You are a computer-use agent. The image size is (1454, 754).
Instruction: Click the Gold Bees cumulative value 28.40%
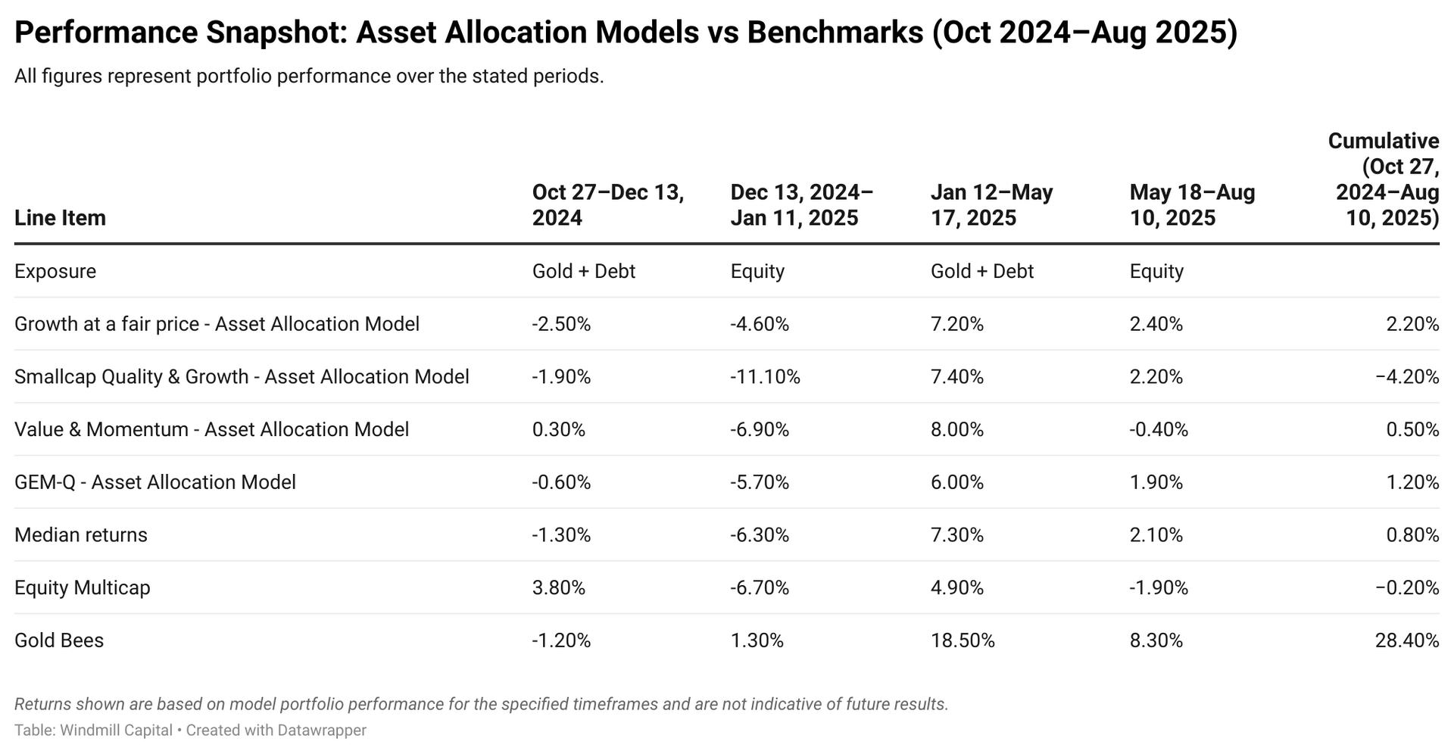tap(1406, 640)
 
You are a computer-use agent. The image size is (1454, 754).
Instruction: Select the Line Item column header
tap(60, 218)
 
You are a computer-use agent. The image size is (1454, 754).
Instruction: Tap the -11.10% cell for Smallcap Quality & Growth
tap(765, 377)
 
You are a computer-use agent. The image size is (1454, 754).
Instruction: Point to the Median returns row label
tap(81, 535)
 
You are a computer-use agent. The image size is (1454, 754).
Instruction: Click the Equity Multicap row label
tap(82, 588)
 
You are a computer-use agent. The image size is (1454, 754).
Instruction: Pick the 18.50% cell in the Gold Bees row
tap(963, 640)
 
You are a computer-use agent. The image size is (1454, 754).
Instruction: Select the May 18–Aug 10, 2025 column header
tap(1192, 205)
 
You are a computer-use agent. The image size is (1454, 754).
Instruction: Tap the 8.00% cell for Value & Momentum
tap(957, 430)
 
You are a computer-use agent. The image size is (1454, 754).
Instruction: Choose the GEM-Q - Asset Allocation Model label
tap(155, 482)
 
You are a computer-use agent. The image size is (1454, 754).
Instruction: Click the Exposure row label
tap(55, 271)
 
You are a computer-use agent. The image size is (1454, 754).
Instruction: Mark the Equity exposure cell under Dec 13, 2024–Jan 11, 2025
tap(757, 271)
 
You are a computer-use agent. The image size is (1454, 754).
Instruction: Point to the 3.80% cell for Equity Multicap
tap(558, 588)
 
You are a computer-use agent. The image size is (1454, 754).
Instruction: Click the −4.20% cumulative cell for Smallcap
tap(1406, 377)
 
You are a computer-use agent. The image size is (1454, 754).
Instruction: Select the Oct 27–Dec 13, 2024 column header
tap(607, 205)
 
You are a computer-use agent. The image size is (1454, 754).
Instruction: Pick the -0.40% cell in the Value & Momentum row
tap(1159, 430)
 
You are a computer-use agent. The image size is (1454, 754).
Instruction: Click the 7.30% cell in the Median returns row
tap(957, 535)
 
